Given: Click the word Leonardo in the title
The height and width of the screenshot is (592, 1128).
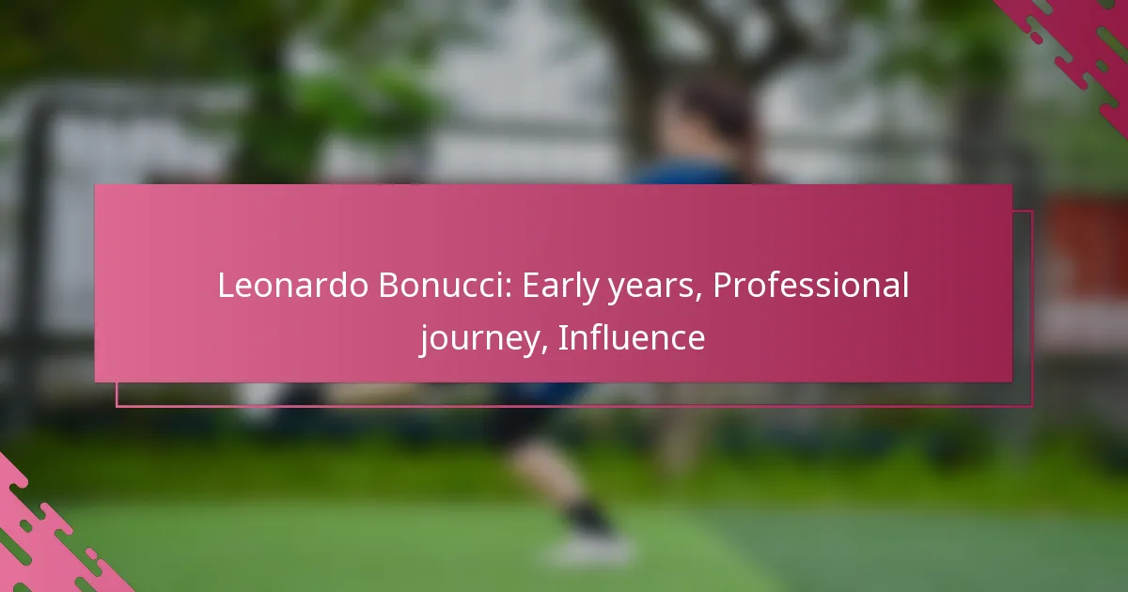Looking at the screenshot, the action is pos(292,285).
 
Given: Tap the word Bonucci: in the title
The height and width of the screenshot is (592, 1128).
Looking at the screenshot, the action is pos(445,285).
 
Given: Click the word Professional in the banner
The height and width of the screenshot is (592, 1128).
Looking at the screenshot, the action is pos(810,285).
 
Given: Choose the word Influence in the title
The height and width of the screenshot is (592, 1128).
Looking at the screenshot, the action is pos(632,336).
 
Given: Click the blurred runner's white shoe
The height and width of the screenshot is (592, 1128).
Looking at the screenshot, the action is pos(589,549).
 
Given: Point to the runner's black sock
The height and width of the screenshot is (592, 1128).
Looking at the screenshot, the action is pos(587,516).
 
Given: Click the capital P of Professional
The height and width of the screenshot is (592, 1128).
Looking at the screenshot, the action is pos(723,285).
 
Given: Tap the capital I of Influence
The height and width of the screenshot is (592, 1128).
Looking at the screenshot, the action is pos(563,336).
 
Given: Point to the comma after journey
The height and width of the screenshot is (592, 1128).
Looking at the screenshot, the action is pos(544,349).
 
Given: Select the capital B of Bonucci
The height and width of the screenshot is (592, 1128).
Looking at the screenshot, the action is pos(389,285).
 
